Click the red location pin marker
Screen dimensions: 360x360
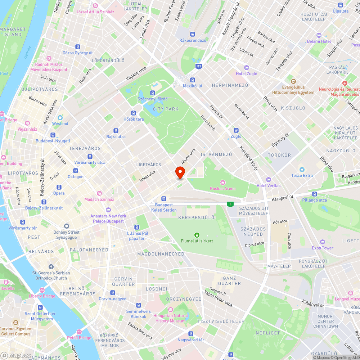[180, 172]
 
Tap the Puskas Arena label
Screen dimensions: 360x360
[223, 189]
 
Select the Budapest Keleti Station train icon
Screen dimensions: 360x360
[164, 198]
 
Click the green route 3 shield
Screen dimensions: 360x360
[230, 204]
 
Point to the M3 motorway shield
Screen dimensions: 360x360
[199, 67]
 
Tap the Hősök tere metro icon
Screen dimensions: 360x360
[134, 113]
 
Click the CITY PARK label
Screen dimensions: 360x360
[166, 109]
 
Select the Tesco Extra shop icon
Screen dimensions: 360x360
[302, 169]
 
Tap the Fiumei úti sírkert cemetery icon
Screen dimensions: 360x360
[197, 235]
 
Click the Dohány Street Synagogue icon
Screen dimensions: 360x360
[66, 226]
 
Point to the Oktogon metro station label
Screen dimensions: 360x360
[76, 177]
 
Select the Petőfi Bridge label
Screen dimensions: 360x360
[79, 338]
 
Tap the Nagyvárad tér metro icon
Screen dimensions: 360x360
[191, 334]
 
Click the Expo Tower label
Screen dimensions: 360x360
[322, 248]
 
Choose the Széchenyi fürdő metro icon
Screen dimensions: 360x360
[153, 93]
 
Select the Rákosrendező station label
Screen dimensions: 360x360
[193, 40]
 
